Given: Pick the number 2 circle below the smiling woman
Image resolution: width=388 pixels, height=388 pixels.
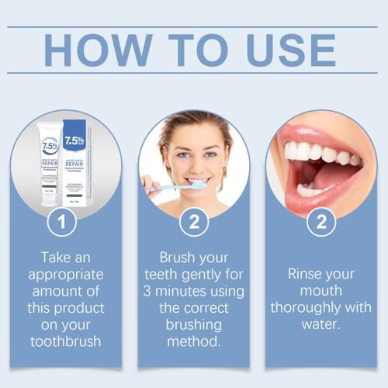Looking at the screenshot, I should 193,223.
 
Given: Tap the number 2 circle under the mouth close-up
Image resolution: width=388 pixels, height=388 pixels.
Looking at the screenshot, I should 320,223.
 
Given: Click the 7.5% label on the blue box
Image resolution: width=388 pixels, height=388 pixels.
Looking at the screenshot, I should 74,141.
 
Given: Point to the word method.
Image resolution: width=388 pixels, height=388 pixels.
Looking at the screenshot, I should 193,341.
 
